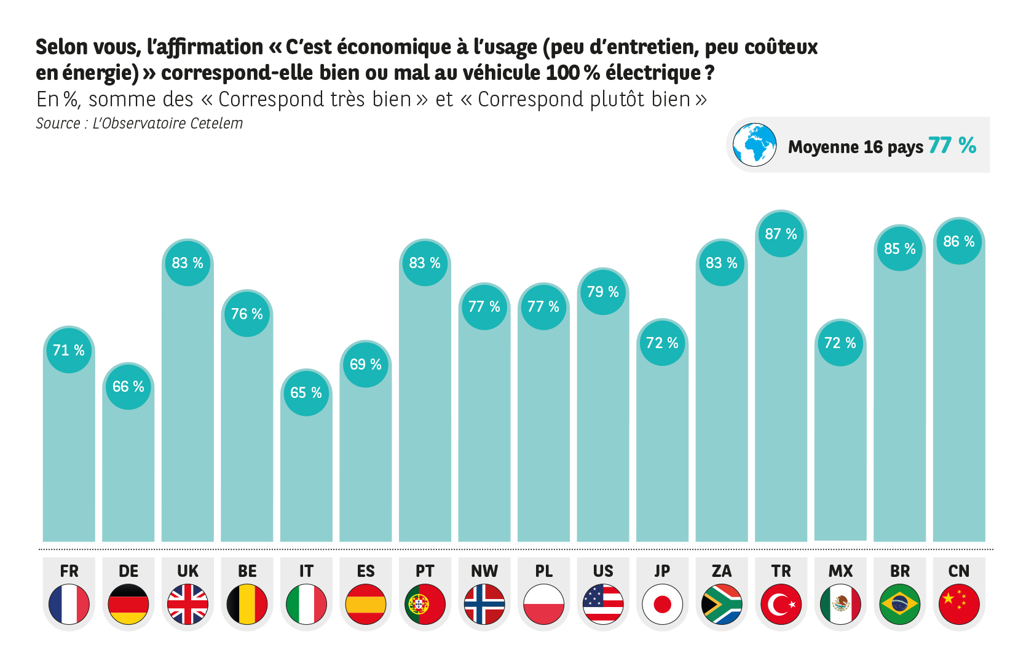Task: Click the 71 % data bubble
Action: point(69,351)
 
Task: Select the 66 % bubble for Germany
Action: point(128,387)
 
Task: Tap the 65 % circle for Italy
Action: point(306,393)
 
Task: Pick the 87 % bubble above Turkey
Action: point(781,234)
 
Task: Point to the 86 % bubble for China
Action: point(959,242)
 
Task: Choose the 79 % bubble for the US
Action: point(603,292)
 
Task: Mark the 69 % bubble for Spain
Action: point(366,365)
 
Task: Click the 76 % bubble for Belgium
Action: point(247,314)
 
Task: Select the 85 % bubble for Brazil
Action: point(900,249)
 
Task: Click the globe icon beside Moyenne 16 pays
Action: point(754,145)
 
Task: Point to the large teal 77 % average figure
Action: point(952,146)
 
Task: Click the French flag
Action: point(69,604)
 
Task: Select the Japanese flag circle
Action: point(662,604)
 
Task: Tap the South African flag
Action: point(722,604)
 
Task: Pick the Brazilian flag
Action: point(900,604)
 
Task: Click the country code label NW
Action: point(484,571)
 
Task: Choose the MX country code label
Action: point(840,571)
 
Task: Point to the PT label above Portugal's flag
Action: point(425,571)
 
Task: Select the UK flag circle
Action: point(187,604)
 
